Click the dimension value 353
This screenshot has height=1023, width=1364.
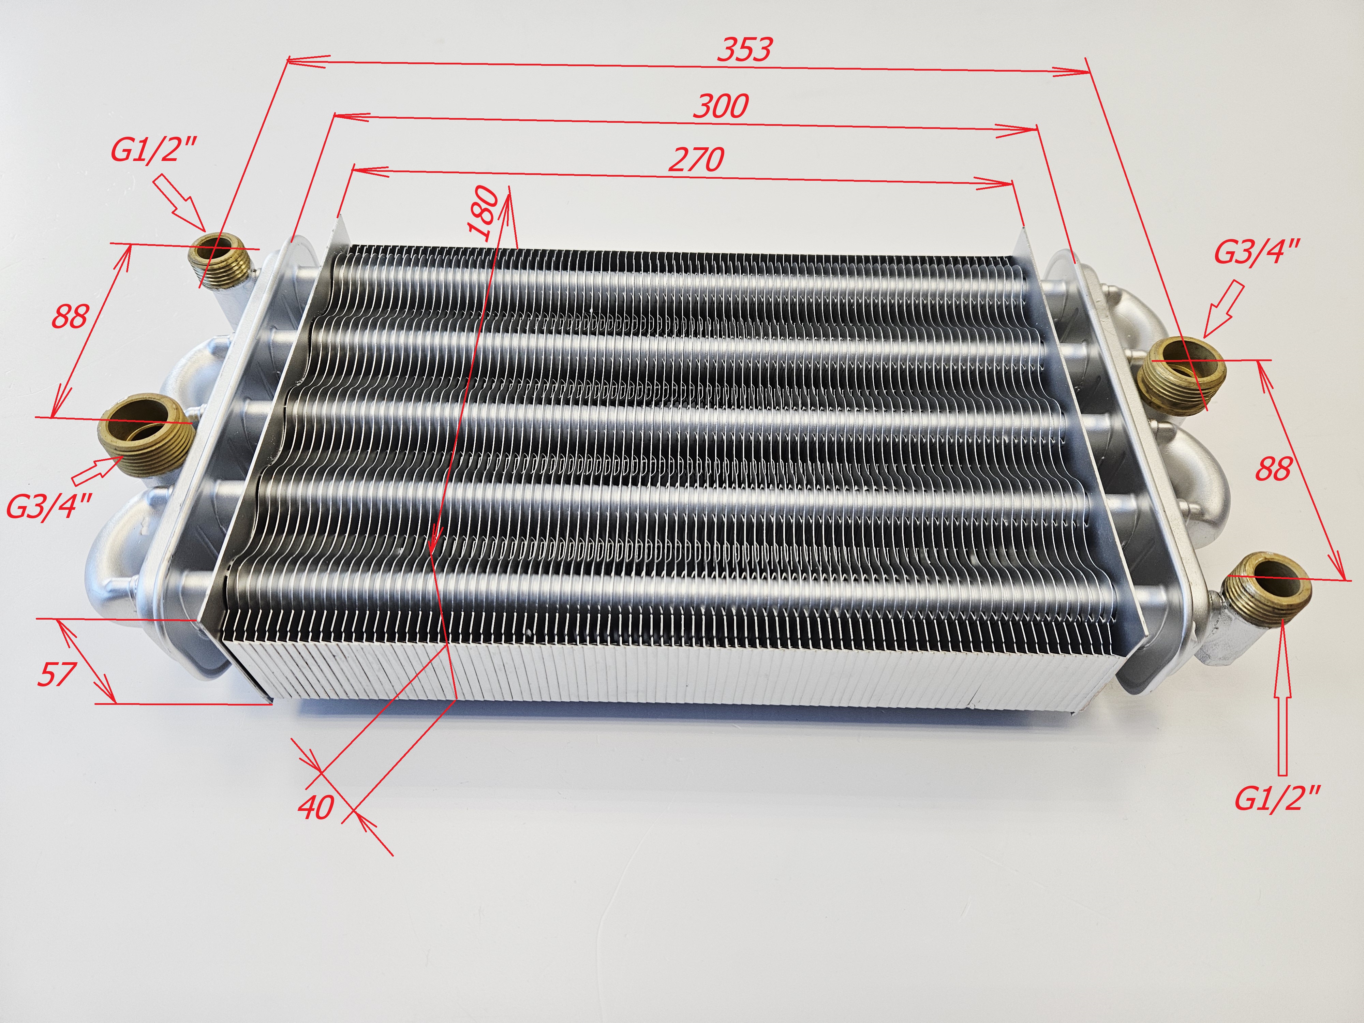pyautogui.click(x=744, y=49)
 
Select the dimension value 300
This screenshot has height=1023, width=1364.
pyautogui.click(x=720, y=107)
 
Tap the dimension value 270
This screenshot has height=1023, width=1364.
pyautogui.click(x=696, y=160)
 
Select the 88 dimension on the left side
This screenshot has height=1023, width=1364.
pyautogui.click(x=70, y=317)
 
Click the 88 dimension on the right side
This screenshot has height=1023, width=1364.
pyautogui.click(x=1273, y=470)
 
